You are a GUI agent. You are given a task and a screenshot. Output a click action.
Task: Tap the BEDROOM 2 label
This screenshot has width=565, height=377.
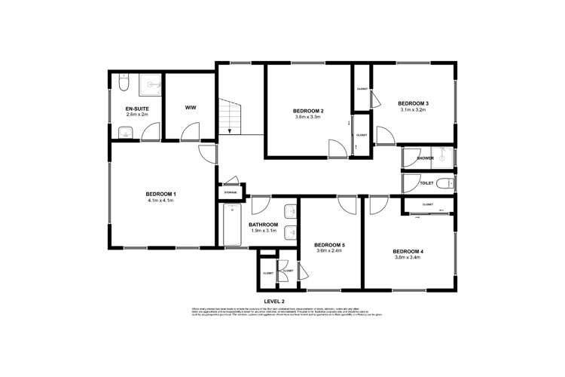point(307,111)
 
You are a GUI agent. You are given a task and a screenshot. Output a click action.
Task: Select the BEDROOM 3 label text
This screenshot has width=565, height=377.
point(413,103)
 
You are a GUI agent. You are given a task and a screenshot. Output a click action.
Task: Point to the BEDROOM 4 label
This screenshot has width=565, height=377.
point(408,251)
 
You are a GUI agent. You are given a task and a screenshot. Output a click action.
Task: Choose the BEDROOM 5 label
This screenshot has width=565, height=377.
point(328,244)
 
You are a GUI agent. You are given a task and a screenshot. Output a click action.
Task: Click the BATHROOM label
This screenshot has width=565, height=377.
point(264,225)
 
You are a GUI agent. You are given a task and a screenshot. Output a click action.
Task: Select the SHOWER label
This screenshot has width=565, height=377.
point(426,158)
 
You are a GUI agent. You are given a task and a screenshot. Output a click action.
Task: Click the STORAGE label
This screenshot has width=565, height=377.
point(231,193)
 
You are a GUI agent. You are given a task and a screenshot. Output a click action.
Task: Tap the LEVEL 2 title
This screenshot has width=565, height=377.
point(284,301)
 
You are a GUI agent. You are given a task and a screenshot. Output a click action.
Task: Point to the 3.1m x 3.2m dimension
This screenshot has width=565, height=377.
point(413,110)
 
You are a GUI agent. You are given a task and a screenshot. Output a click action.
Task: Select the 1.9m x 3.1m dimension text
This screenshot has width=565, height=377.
point(264,231)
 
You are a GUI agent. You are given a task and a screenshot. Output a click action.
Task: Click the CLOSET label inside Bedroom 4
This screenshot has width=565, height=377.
point(427,204)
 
